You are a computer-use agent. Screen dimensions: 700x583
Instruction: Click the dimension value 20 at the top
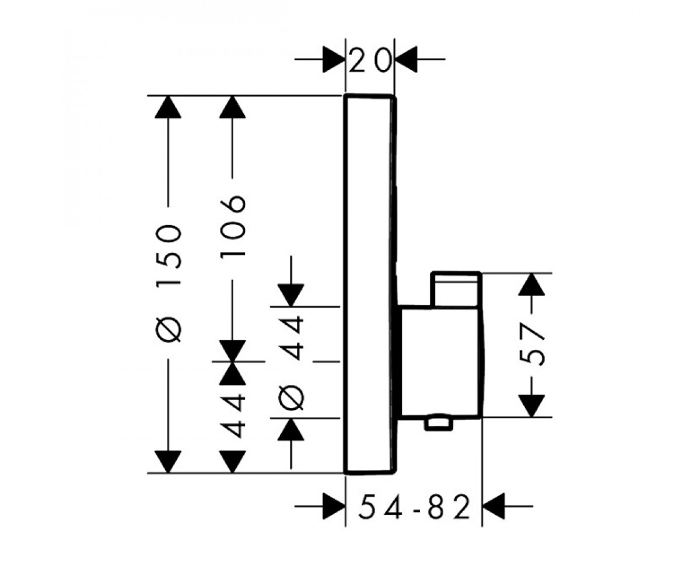[x=370, y=59]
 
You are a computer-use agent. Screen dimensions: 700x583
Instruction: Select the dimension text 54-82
[x=414, y=506]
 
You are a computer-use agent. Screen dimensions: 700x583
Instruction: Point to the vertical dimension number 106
[x=233, y=226]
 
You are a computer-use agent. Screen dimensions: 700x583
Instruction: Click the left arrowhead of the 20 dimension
[x=334, y=59]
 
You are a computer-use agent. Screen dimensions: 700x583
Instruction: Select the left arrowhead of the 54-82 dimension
[x=334, y=506]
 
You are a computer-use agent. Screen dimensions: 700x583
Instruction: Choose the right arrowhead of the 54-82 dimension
[x=494, y=506]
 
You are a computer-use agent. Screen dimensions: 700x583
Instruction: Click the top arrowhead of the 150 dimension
[x=169, y=107]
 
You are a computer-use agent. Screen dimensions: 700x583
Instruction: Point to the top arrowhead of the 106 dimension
[x=233, y=107]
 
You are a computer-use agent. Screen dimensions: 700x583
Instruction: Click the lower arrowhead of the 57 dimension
[x=531, y=406]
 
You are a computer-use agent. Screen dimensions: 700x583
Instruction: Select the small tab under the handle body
[x=439, y=424]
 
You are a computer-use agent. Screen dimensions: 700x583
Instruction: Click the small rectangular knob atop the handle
[x=456, y=289]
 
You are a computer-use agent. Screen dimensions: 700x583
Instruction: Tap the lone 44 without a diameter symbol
[x=233, y=416]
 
